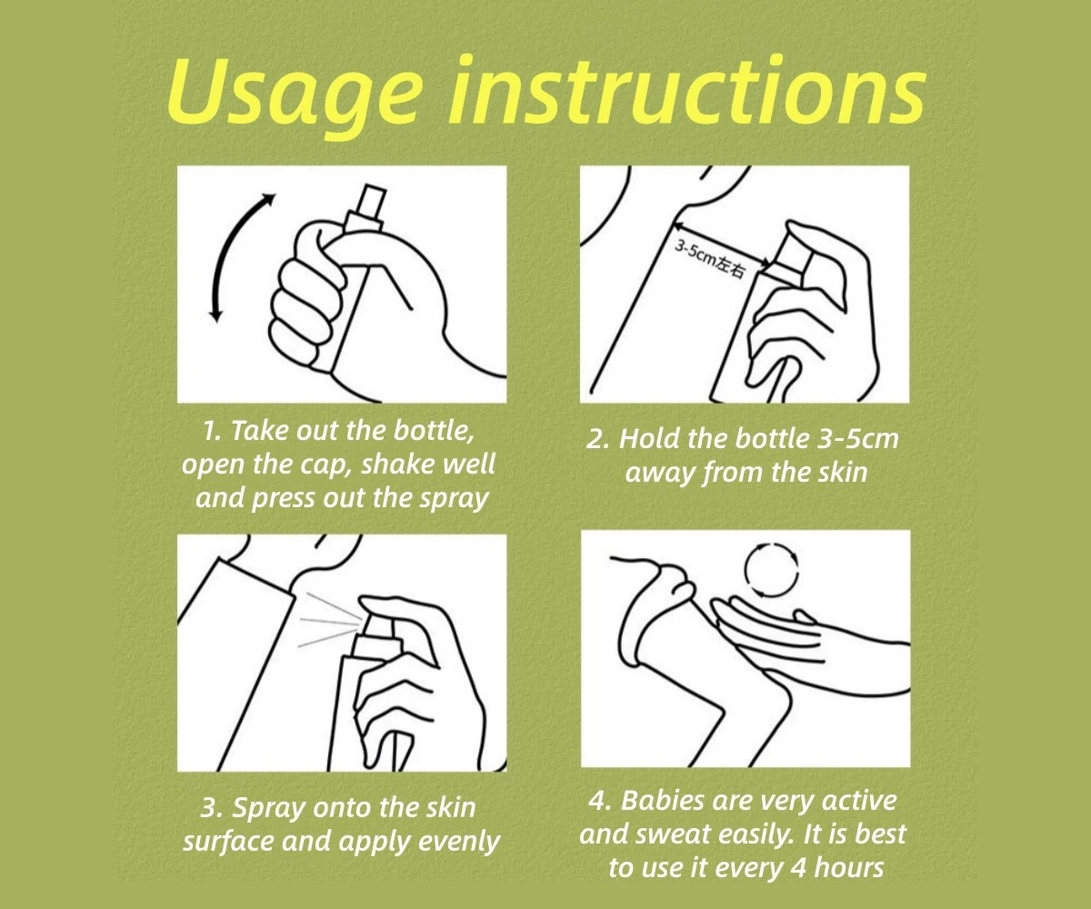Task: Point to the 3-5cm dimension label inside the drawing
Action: (709, 258)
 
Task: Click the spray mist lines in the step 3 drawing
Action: (330, 621)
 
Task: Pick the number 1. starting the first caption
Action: (213, 433)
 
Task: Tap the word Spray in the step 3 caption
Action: (268, 810)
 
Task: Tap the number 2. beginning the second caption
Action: (597, 440)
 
